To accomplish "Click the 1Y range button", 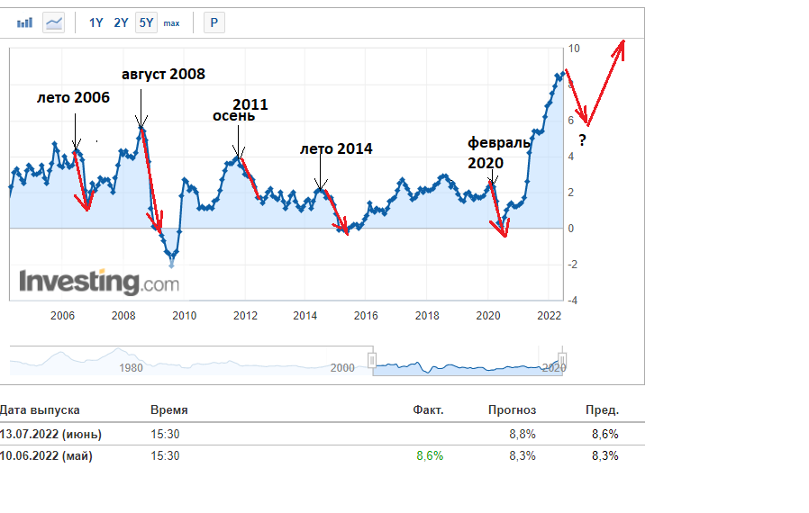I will click(95, 22).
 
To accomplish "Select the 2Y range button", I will click(121, 22).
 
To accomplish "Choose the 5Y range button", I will click(146, 22).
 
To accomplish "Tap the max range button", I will click(171, 23).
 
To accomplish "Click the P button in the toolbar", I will click(214, 22).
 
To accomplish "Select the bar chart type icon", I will click(26, 22).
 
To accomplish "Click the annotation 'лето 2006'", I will click(73, 97).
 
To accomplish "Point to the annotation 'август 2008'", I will click(163, 74).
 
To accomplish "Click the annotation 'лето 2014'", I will click(335, 148).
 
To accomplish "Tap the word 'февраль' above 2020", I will click(498, 142).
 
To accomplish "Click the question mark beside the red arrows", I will click(582, 140).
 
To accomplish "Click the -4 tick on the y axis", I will click(573, 300).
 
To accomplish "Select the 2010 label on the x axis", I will click(184, 316).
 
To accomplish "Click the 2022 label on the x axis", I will click(549, 316).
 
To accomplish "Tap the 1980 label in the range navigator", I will click(131, 367).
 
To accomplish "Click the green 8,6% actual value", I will click(429, 455).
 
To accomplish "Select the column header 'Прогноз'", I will click(512, 409).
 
